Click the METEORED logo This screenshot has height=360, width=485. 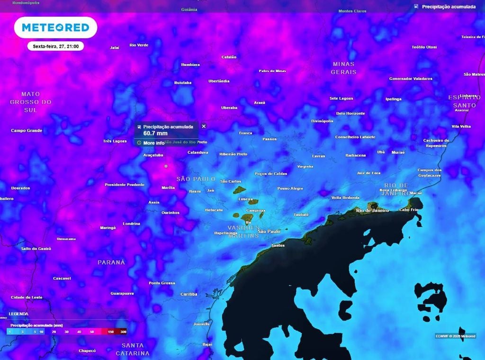tap(55, 27)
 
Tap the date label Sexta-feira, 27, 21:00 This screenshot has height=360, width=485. tap(55, 46)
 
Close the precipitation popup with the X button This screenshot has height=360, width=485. tap(204, 126)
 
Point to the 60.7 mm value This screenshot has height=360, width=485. tap(155, 134)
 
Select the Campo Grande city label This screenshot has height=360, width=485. tap(27, 131)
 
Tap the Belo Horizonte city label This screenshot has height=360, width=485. tap(350, 114)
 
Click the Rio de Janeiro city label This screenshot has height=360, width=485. tap(372, 210)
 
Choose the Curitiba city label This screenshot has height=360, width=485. tap(189, 294)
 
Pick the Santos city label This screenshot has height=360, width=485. tap(278, 246)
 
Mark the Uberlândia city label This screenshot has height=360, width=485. tap(219, 81)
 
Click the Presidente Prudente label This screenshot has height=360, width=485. tap(125, 185)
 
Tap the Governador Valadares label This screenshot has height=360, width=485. tap(411, 79)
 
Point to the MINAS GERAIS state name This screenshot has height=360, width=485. tap(344, 68)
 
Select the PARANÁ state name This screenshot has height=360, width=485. tap(111, 262)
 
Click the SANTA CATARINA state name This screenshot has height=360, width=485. tap(133, 350)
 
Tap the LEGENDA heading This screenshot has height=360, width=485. tap(18, 314)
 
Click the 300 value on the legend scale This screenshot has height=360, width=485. tap(123, 332)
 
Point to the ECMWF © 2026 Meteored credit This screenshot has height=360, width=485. tap(455, 336)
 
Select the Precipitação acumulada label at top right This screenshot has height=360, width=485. tap(448, 7)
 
